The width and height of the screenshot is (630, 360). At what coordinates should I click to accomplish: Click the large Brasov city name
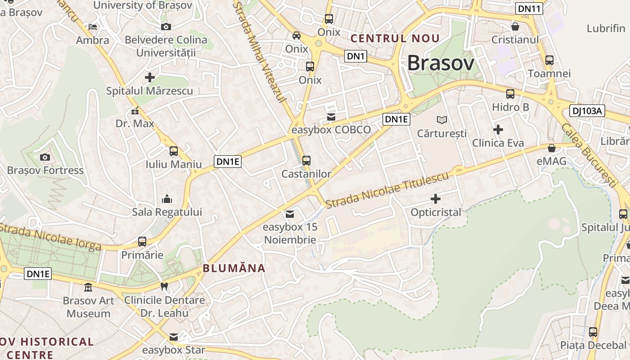(441, 63)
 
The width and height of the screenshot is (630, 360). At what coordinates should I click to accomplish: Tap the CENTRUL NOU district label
(395, 39)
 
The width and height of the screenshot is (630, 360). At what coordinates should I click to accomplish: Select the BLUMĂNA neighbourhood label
(234, 268)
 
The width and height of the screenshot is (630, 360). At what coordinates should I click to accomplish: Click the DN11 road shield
(529, 9)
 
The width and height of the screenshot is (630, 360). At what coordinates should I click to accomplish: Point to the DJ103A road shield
(587, 111)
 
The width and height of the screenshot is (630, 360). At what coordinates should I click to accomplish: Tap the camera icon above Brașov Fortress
(45, 157)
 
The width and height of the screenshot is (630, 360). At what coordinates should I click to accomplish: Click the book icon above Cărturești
(442, 120)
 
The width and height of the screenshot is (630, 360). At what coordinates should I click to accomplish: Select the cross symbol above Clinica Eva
(498, 130)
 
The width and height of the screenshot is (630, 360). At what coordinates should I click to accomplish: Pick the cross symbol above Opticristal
(436, 198)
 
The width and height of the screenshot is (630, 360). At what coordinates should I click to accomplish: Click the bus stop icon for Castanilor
(306, 160)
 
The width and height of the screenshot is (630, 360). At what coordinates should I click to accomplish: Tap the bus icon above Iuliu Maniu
(174, 151)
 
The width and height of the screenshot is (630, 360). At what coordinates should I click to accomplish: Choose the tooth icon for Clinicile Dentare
(164, 286)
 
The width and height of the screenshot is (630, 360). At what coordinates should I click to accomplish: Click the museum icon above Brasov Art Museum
(88, 287)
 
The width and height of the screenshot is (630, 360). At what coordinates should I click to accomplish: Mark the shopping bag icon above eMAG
(552, 148)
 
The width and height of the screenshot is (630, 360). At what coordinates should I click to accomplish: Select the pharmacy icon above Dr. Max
(135, 110)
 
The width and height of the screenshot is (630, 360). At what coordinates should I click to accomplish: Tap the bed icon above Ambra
(93, 27)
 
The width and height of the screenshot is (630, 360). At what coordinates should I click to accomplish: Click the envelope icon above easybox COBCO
(331, 117)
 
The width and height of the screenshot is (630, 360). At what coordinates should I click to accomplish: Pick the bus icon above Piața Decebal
(593, 332)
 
